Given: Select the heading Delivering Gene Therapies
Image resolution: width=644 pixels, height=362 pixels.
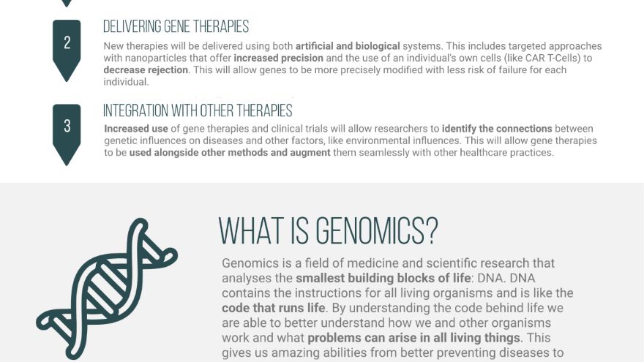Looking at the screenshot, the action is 176,26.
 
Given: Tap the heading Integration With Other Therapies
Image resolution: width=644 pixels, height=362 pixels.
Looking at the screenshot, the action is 198,111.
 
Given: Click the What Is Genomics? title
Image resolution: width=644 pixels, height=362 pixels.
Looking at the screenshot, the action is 328,231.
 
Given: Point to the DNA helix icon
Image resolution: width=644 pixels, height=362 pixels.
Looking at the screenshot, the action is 107,288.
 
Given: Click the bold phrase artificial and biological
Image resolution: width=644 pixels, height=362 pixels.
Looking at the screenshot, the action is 348,46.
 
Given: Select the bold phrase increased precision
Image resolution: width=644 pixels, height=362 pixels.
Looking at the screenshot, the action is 279,58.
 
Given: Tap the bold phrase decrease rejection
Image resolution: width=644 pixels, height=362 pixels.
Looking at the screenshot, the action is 146,69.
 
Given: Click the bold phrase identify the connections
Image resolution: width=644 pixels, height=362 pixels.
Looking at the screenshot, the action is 497,129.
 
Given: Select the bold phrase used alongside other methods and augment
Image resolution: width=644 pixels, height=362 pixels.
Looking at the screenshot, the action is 230,153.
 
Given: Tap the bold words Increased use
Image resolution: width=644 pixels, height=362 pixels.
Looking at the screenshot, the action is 136,129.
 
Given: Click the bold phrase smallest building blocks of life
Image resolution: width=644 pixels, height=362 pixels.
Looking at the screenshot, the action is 383,278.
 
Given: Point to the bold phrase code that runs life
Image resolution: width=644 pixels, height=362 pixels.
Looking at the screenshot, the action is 274,308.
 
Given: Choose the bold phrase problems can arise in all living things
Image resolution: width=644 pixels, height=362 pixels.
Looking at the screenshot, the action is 414,338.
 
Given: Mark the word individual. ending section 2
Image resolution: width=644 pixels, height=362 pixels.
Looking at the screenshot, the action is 126,82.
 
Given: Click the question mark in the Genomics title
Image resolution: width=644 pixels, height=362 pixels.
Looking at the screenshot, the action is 432,231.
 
